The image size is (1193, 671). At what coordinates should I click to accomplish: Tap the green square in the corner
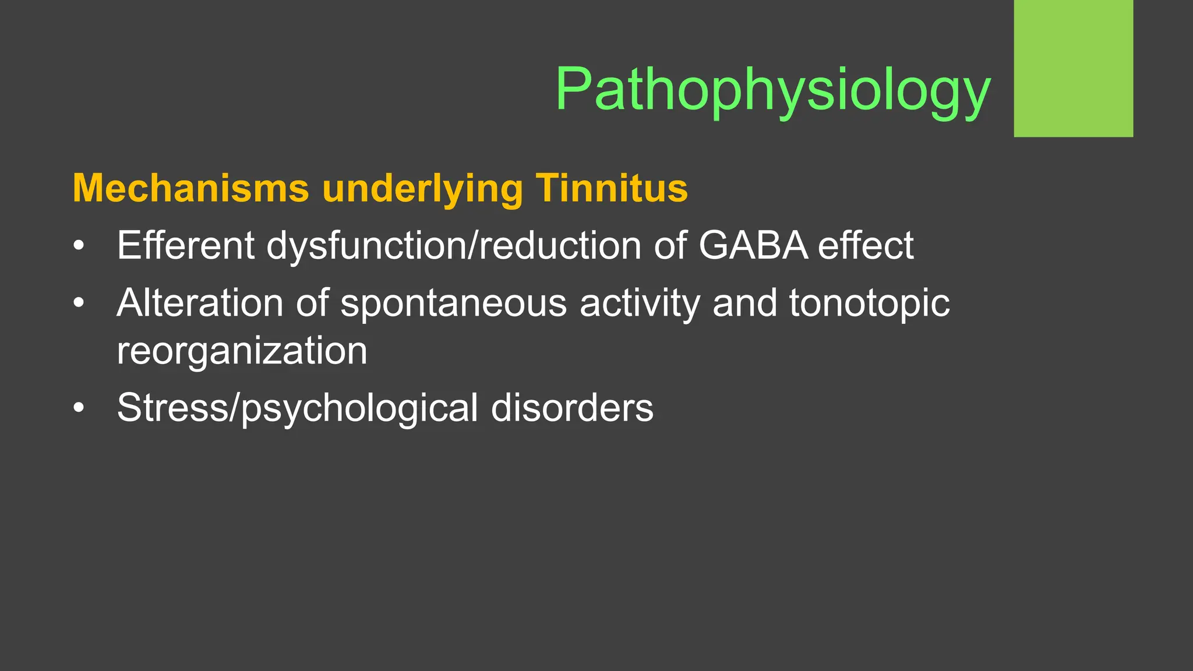pos(1073,68)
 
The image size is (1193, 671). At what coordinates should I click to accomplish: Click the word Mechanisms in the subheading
pos(190,188)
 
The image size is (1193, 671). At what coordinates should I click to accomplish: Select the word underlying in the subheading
pos(422,189)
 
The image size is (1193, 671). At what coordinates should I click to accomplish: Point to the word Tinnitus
pos(612,188)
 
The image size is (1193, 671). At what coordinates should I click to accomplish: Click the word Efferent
pos(185,245)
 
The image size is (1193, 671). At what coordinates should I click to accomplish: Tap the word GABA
pos(753,245)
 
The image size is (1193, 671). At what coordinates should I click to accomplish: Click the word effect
pos(866,245)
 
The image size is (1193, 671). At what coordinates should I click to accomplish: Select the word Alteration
pos(199,303)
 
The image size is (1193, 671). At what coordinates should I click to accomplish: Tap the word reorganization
pos(242,351)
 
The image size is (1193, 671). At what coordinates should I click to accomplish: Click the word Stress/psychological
pos(297,408)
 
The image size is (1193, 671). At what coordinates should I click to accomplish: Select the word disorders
pos(572,407)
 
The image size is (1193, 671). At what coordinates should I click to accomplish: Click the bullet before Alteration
pos(79,303)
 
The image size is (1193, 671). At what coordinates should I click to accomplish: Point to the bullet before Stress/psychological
pos(79,408)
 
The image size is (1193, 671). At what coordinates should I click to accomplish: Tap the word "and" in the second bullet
pos(744,303)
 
